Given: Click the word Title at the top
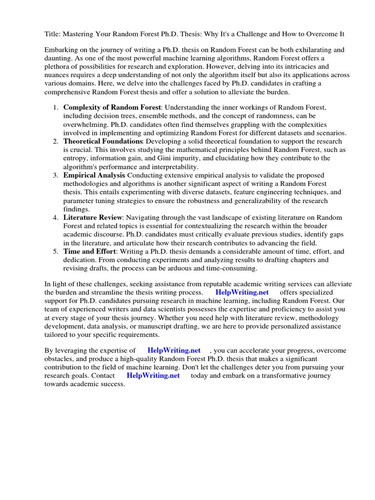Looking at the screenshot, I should pos(53,34).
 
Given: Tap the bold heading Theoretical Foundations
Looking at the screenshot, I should pos(103,141).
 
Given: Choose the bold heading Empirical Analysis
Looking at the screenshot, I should pos(94,175).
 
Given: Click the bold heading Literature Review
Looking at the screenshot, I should pos(92,217).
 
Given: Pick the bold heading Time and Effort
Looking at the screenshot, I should pos(89,251).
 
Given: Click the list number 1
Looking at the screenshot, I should pos(56,107).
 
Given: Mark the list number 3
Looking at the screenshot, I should pos(56,175).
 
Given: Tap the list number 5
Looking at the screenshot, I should pos(56,251).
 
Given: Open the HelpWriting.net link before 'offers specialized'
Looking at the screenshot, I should pos(242,292).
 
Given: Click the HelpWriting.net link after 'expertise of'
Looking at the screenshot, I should pos(174,350).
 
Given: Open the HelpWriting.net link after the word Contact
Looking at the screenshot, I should pos(153,375).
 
